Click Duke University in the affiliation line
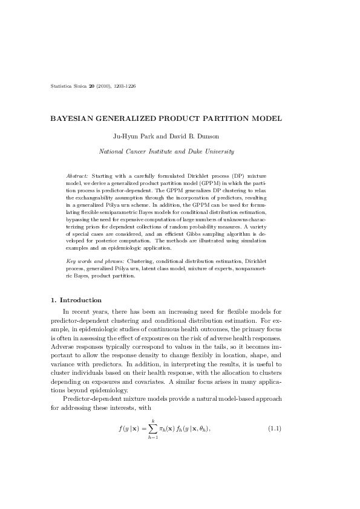pos(214,151)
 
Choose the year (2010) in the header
pos(104,86)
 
